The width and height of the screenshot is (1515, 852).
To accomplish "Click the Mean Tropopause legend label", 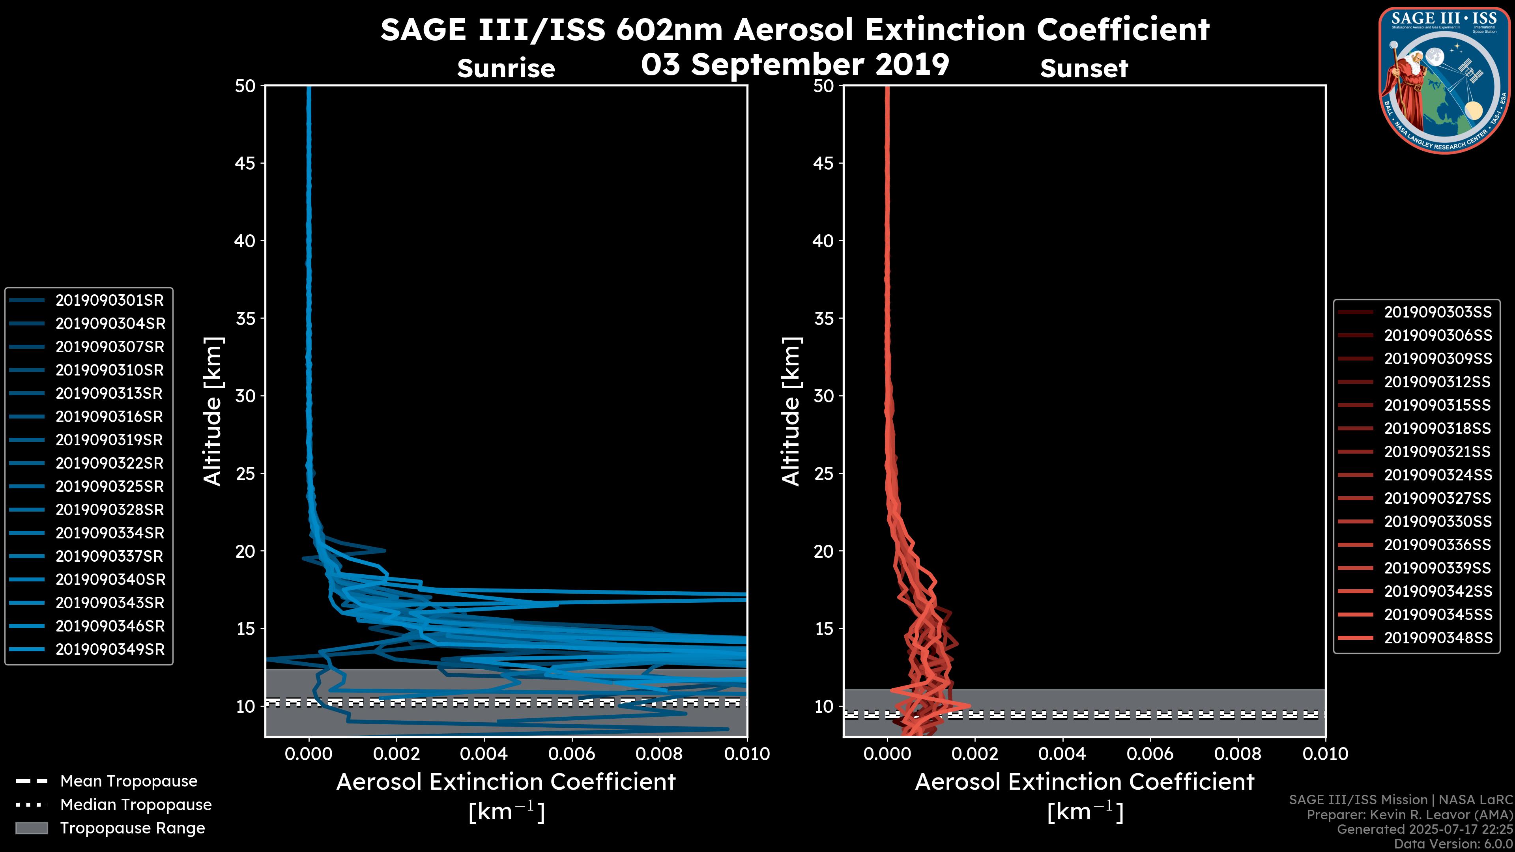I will point(129,781).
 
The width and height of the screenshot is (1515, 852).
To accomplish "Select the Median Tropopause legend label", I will point(136,805).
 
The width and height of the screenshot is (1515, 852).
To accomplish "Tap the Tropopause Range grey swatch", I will point(31,828).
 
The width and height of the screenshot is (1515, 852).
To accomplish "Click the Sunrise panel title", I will point(506,69).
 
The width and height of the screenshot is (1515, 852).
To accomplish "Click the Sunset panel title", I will point(1084,69).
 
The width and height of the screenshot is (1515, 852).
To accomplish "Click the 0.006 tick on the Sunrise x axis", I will point(571,755).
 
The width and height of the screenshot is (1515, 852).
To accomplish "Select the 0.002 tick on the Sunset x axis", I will point(974,755).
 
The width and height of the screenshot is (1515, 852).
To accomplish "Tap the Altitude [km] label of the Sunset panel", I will point(791,411).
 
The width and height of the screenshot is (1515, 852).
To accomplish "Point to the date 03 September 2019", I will point(795,65).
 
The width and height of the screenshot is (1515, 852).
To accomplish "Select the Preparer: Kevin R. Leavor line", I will point(1409,815).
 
